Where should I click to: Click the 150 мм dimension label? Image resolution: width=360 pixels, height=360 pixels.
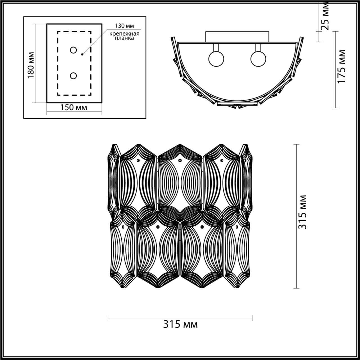point(74,107)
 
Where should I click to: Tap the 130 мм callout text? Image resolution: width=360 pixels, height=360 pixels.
point(124,26)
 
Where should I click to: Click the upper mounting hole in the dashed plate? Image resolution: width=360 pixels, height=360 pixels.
point(73,50)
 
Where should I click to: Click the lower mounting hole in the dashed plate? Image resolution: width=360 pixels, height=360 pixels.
point(73,76)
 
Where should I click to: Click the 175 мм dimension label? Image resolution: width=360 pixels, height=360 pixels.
point(341,66)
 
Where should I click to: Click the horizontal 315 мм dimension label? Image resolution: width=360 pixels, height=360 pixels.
point(180,324)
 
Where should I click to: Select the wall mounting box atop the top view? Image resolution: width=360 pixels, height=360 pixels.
point(237,37)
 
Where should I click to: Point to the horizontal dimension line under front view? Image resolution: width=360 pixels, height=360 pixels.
point(180,318)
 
